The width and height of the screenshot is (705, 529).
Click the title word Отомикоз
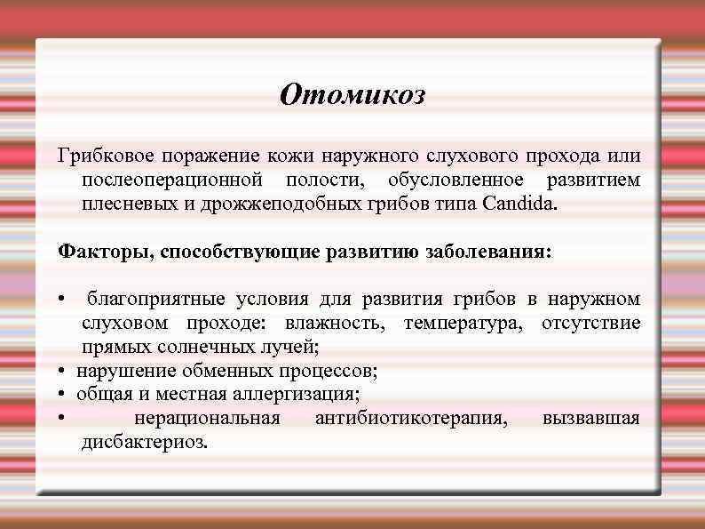click(352, 94)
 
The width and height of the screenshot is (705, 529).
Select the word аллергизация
click(309, 394)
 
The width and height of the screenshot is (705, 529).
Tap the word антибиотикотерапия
click(411, 418)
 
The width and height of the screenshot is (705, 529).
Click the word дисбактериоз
click(146, 442)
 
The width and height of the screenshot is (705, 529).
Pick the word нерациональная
click(206, 418)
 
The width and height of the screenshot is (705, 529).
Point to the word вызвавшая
click(590, 418)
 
